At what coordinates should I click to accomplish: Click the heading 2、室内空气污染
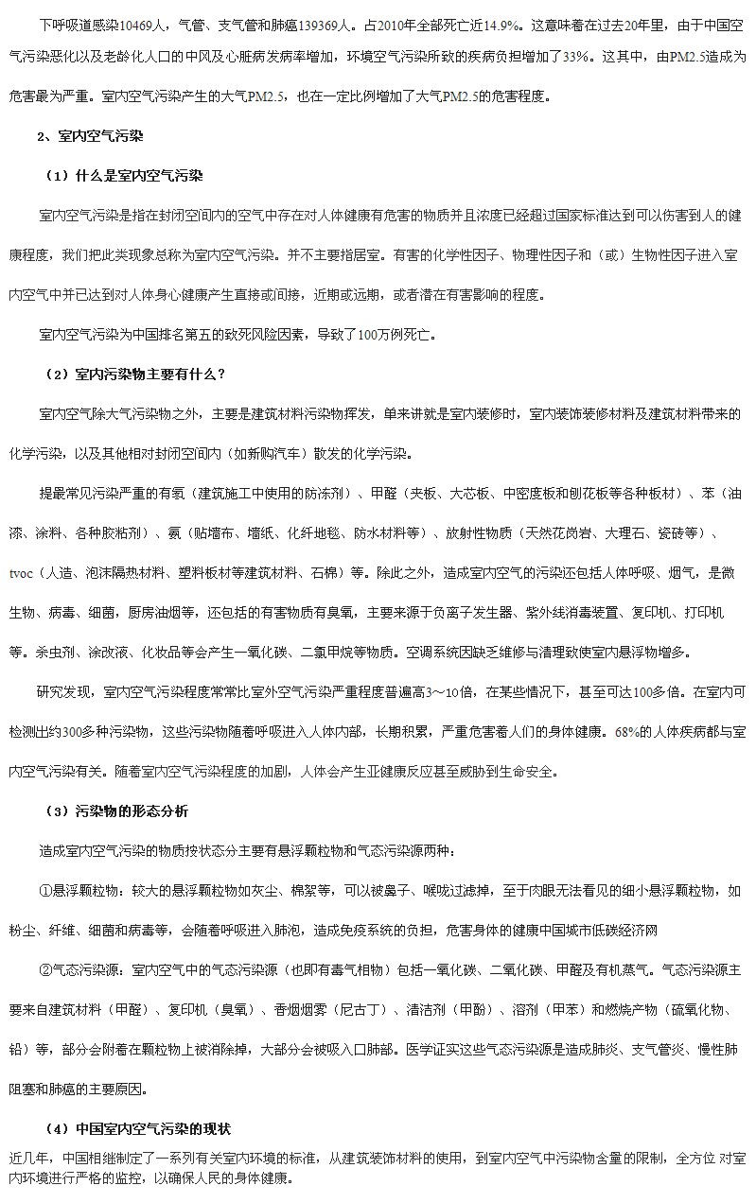point(90,136)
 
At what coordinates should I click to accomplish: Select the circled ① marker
point(45,890)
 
